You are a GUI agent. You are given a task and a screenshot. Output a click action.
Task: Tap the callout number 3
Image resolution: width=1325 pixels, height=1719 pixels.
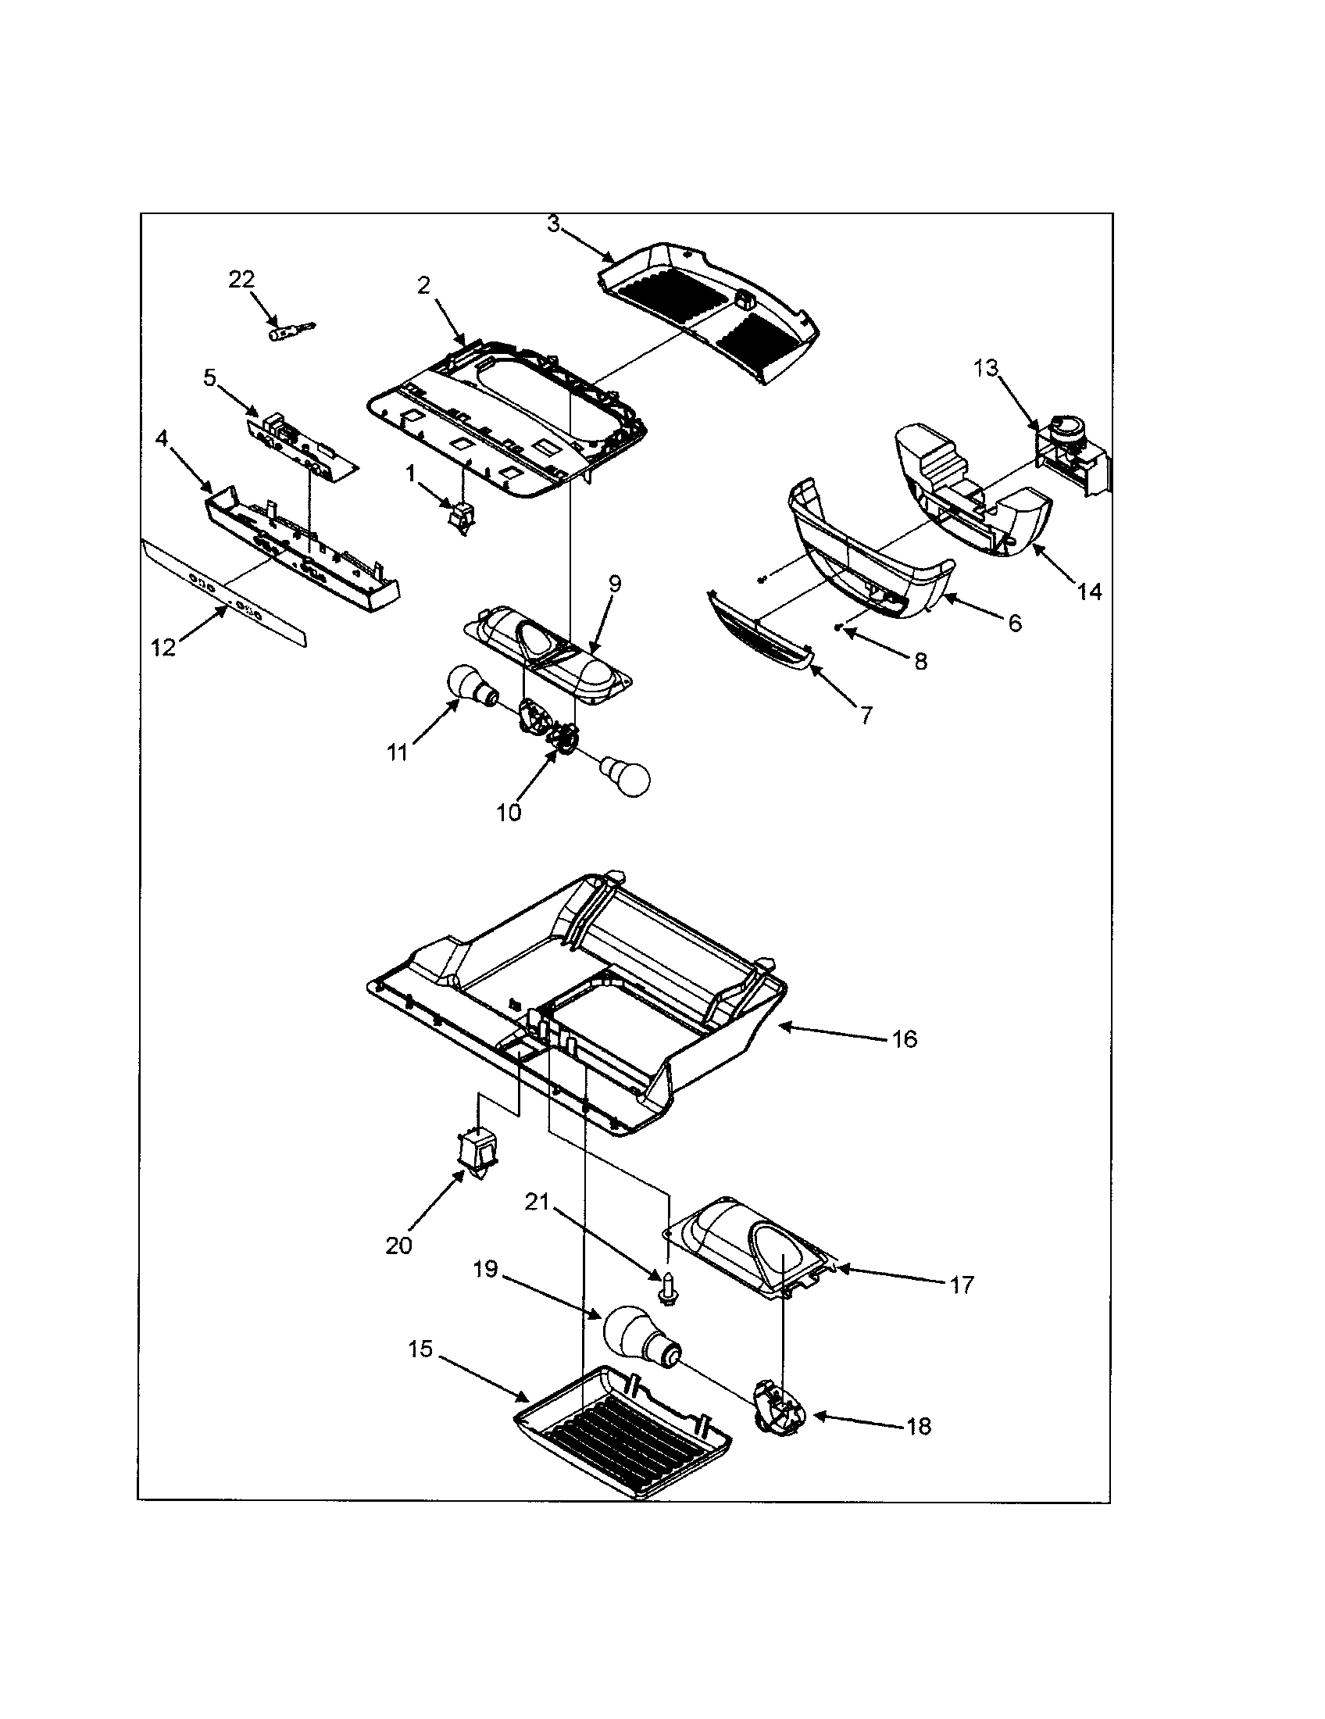[553, 224]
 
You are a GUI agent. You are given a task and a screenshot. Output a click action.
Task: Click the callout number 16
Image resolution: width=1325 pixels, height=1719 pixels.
[905, 1039]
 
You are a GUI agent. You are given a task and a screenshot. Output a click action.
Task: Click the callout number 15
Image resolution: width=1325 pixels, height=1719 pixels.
[421, 1350]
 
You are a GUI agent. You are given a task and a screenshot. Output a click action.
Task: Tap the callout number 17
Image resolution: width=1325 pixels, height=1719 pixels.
[962, 1285]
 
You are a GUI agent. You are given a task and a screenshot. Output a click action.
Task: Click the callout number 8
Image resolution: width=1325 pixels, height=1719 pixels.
[920, 661]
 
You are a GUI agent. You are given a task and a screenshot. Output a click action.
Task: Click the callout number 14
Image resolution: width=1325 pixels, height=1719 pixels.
[1090, 591]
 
